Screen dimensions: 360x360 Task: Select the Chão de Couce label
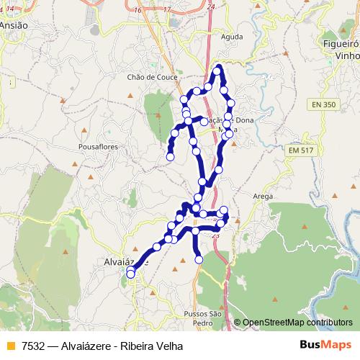point(150,76)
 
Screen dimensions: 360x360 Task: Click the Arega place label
point(263,195)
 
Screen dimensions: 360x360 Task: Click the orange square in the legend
point(8,346)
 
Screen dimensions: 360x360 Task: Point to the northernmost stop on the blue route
point(217,70)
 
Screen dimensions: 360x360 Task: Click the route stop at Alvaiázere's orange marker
point(130,272)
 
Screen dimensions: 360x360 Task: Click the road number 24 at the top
point(210,6)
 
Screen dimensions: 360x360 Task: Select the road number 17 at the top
point(166,9)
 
